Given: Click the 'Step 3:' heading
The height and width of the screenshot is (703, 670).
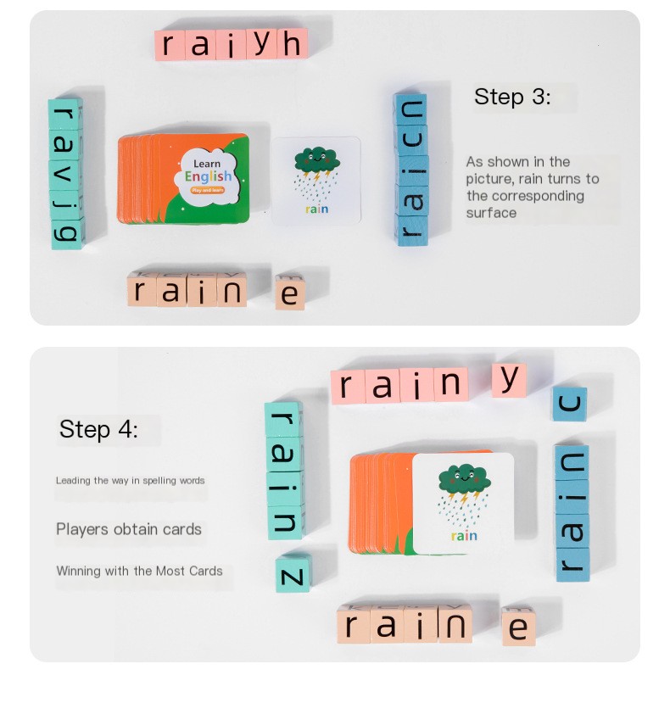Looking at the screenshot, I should (511, 97).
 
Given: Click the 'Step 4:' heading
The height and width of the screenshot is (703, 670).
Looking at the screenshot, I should (98, 429).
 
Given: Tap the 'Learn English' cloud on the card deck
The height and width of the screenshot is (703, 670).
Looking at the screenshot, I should (207, 174).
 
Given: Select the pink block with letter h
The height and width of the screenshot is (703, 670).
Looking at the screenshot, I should (291, 44).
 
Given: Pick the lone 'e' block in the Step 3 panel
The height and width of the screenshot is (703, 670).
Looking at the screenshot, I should (290, 293).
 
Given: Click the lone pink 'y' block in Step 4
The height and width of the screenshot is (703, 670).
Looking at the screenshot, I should (510, 380).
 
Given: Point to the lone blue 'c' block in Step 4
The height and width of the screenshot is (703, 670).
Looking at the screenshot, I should (570, 405).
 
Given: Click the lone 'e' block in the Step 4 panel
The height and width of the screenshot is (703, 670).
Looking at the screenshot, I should (518, 627).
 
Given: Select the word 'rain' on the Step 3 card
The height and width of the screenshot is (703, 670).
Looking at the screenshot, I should (315, 208).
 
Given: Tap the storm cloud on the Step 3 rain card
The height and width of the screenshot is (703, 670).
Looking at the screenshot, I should (316, 159).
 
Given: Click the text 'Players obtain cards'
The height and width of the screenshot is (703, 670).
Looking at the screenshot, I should (129, 529).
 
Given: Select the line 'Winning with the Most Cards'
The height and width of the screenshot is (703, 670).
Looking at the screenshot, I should (139, 571).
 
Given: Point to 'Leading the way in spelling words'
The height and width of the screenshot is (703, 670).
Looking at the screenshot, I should (130, 481).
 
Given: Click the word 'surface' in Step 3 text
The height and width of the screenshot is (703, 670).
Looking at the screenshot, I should (491, 213).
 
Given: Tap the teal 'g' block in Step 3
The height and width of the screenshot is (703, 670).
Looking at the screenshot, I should (65, 232).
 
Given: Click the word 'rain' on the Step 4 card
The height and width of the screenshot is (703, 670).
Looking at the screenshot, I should (464, 536).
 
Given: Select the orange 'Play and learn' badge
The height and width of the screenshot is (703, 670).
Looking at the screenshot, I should (208, 192).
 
